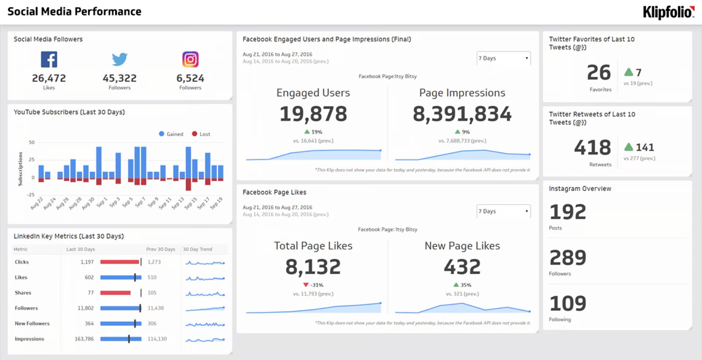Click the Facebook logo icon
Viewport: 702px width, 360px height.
pos(49,59)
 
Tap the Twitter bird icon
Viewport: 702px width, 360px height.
pos(120,59)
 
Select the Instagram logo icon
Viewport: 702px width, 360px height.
pos(190,59)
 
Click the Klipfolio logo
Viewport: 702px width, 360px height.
pos(668,12)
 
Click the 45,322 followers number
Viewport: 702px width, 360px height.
pos(120,78)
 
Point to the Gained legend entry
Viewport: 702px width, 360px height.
pos(171,134)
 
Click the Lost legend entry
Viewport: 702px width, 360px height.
pos(201,134)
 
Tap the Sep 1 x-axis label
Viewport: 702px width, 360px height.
pos(101,202)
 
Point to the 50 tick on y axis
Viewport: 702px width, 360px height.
pos(32,143)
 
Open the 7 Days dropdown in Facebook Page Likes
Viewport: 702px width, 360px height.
pos(503,211)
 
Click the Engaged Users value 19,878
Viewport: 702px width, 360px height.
pos(313,114)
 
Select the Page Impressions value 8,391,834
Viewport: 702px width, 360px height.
pos(462,114)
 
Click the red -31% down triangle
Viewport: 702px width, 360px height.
pos(306,285)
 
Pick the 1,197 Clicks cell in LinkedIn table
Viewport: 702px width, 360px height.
pos(87,262)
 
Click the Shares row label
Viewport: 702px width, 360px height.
pos(23,293)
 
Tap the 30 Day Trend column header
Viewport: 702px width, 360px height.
pos(197,249)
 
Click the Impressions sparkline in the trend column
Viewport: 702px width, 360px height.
pos(205,340)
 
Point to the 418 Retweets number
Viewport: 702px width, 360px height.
pos(592,148)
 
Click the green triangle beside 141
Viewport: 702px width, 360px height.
pos(629,147)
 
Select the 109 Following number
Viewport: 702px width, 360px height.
pos(568,303)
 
